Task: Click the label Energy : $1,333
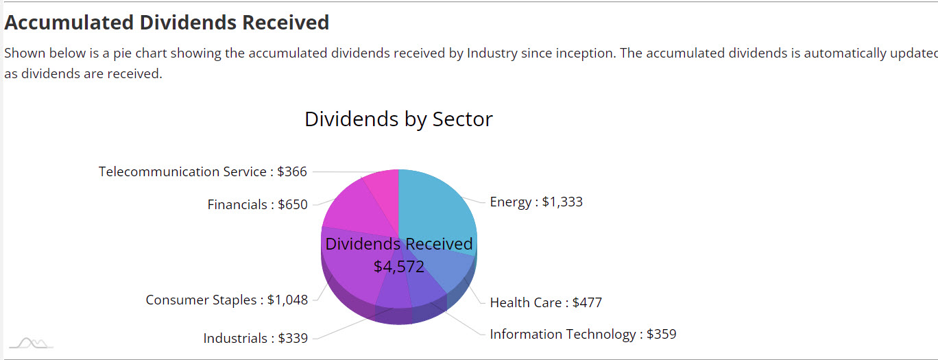[536, 202]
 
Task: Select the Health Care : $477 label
[546, 302]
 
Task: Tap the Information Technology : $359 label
[583, 335]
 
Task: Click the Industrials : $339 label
[255, 339]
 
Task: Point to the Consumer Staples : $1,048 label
[226, 300]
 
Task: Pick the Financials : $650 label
[257, 205]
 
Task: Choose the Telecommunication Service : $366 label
[202, 172]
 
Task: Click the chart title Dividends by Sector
[398, 119]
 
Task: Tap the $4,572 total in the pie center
[399, 267]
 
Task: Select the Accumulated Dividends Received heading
[167, 23]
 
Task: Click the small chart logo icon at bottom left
[31, 343]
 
